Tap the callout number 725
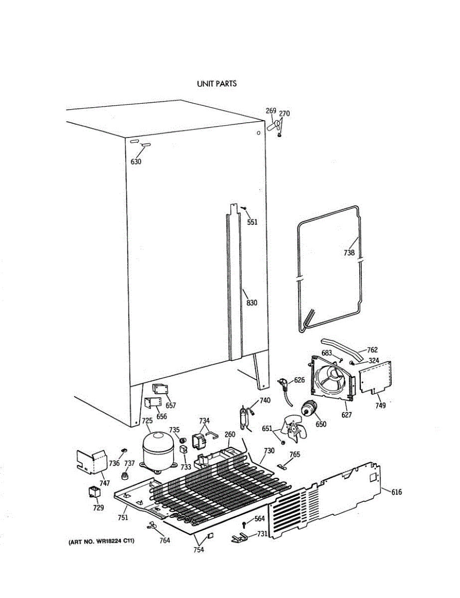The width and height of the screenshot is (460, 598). (147, 421)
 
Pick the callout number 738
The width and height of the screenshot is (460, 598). (349, 253)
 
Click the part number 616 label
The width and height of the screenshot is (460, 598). (396, 492)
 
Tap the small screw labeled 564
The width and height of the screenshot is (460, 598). (244, 524)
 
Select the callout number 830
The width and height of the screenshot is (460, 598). (252, 302)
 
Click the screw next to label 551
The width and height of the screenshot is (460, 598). (243, 208)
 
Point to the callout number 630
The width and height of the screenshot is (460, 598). (136, 161)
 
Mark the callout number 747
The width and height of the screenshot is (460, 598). (105, 483)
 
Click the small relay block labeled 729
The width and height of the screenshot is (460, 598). (93, 492)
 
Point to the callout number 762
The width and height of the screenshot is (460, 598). (372, 349)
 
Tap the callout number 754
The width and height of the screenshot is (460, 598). (199, 550)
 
